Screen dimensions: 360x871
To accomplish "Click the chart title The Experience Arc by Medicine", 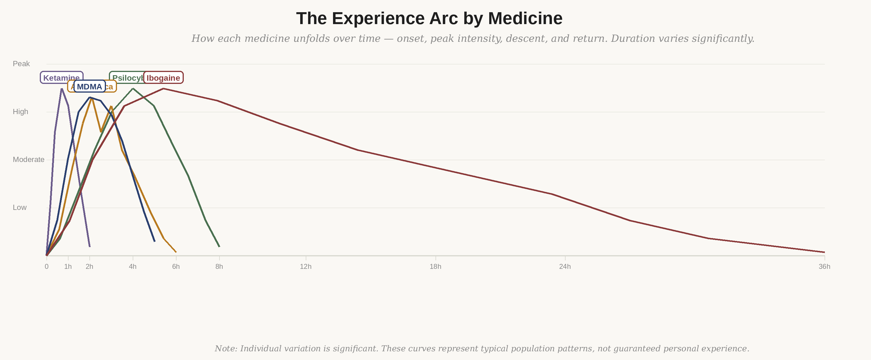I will pos(429,19).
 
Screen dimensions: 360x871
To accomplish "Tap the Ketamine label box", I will pos(61,78).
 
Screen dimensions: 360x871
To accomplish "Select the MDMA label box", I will pos(90,87).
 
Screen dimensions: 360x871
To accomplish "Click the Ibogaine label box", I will pos(163,78).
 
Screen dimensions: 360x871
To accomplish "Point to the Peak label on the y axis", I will pos(21,64).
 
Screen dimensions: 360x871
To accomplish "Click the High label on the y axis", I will pos(20,112).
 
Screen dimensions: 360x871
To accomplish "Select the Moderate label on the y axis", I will pos(28,160).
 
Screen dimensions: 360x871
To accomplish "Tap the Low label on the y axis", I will pos(20,208).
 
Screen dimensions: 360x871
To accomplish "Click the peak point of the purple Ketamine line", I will pos(62,89).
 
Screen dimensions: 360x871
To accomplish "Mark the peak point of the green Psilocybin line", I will pos(133,89).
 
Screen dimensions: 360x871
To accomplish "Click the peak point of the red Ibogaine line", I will pos(163,89).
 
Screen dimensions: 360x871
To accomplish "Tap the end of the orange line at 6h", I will pos(176,252).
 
